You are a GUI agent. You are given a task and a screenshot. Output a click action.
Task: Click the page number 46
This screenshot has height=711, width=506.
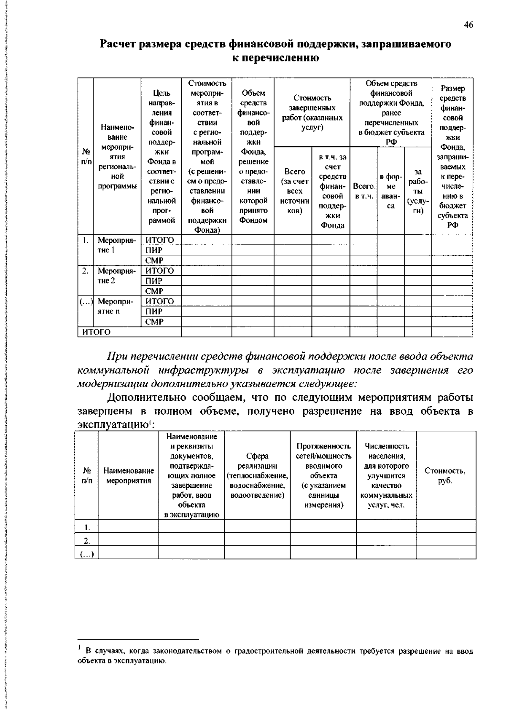point(468,25)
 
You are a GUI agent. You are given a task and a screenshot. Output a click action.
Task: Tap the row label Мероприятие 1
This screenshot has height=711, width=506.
point(117,245)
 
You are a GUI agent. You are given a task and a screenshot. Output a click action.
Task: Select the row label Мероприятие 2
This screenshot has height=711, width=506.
point(117,276)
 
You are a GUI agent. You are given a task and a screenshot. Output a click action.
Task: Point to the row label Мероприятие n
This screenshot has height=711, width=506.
point(117,306)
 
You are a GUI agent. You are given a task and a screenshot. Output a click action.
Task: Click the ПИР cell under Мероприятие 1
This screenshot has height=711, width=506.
point(154,250)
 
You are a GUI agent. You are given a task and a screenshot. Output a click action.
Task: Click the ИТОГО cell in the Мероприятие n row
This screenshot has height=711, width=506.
point(159,301)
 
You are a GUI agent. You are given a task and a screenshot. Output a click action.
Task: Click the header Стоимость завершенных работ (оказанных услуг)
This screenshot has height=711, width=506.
point(312,113)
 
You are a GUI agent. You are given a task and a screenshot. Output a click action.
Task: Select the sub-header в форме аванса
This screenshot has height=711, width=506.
point(391,191)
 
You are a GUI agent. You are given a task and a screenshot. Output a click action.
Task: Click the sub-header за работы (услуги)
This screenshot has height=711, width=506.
point(418,191)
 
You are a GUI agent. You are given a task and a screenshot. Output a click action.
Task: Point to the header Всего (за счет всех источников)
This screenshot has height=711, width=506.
point(294,191)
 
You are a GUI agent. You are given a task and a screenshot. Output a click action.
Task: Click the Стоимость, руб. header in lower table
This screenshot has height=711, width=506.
point(445,475)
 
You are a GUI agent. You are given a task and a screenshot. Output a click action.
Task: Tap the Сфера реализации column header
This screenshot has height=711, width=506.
point(257,475)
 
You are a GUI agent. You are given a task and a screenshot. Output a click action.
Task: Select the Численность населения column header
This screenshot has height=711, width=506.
point(386,475)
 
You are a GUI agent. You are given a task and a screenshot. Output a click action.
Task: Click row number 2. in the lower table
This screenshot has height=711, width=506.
point(87,540)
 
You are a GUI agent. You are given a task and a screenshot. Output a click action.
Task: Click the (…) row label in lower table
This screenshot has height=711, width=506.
point(87,554)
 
